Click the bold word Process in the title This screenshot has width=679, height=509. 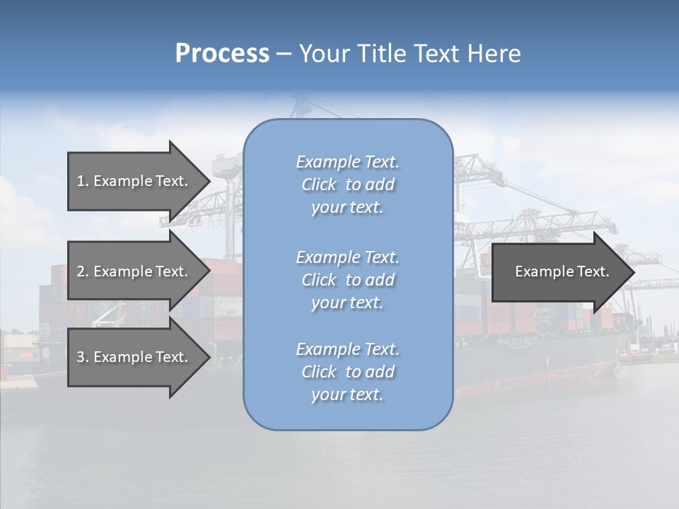(x=222, y=54)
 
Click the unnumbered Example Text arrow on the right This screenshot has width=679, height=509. (x=562, y=271)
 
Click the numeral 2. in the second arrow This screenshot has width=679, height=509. (x=82, y=271)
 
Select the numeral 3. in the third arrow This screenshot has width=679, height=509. (x=82, y=357)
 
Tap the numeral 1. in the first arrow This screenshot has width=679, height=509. (x=82, y=181)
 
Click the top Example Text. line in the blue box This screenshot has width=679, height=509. (x=347, y=162)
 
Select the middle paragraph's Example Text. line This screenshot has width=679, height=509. (x=347, y=257)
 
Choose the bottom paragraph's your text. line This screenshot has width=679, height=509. (x=347, y=394)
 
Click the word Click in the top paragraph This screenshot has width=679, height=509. (x=319, y=185)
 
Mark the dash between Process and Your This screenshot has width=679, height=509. (x=284, y=54)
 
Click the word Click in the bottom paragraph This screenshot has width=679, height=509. (x=319, y=372)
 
